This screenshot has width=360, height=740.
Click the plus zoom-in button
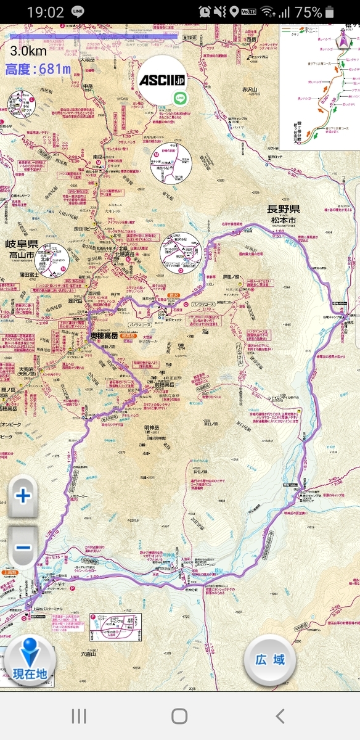pyautogui.click(x=23, y=495)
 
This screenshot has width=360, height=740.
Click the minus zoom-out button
pyautogui.click(x=23, y=546)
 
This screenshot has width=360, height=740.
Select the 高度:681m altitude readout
pyautogui.click(x=38, y=69)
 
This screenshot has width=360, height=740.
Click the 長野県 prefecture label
pyautogui.click(x=284, y=210)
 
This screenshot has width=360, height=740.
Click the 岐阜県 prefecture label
pyautogui.click(x=22, y=244)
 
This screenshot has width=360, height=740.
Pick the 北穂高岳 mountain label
pyautogui.click(x=129, y=254)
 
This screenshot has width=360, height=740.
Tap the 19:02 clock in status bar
pyautogui.click(x=45, y=12)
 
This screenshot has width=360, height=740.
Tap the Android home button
pyautogui.click(x=179, y=715)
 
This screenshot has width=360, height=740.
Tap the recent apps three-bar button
pyautogui.click(x=79, y=715)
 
